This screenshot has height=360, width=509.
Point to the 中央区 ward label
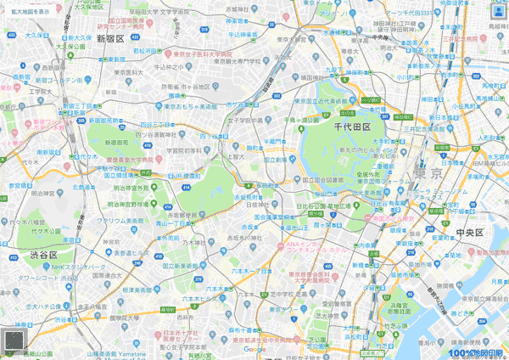click(469, 232)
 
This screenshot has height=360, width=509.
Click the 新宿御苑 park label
click(116, 143)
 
